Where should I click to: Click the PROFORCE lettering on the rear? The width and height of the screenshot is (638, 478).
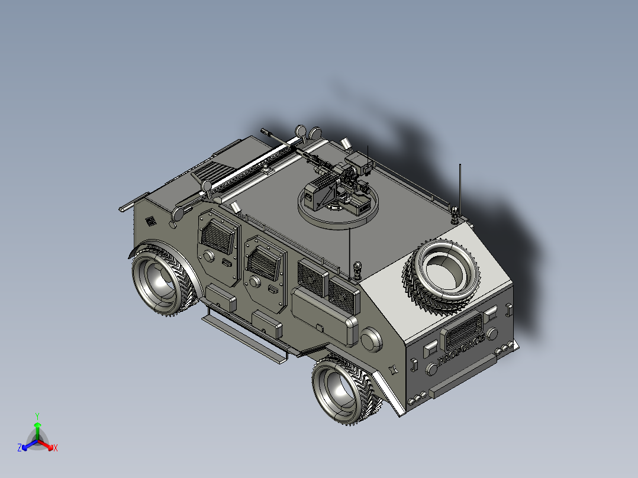461,348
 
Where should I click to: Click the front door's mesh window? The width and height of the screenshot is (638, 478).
215,237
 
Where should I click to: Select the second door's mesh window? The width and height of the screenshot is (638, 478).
263,261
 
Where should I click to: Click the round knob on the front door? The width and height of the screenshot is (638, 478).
208,256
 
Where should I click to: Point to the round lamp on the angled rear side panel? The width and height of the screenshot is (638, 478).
372,341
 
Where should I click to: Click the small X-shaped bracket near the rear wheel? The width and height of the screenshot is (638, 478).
392,370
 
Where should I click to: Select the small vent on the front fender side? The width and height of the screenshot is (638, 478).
150,222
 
